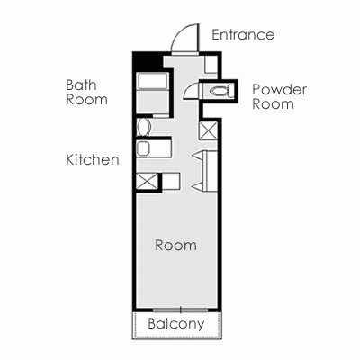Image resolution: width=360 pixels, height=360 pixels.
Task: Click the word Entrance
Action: click(x=242, y=35)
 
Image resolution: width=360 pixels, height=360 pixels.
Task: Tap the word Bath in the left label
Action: click(x=81, y=85)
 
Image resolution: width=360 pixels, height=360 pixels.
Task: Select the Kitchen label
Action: click(x=93, y=160)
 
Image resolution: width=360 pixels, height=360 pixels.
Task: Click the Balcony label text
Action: click(x=176, y=324)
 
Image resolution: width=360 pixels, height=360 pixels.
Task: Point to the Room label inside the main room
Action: click(x=175, y=245)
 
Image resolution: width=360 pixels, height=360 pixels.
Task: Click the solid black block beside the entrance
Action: click(x=147, y=61)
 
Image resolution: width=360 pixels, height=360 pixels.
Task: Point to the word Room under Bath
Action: click(x=86, y=100)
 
